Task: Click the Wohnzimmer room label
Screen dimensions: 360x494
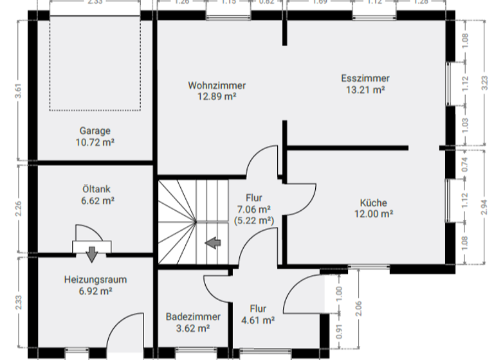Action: (217, 85)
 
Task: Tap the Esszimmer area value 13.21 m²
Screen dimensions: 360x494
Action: (365, 90)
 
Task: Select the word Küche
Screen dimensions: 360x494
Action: (373, 202)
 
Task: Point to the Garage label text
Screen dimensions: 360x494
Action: (95, 130)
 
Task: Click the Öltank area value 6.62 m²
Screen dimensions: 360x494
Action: (95, 201)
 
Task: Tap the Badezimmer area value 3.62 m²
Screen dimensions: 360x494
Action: (193, 328)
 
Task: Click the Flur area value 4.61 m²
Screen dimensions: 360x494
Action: (258, 320)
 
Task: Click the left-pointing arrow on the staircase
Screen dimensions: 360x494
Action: (213, 242)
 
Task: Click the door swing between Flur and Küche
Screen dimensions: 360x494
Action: (300, 197)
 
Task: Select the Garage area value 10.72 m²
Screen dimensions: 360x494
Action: (95, 141)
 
